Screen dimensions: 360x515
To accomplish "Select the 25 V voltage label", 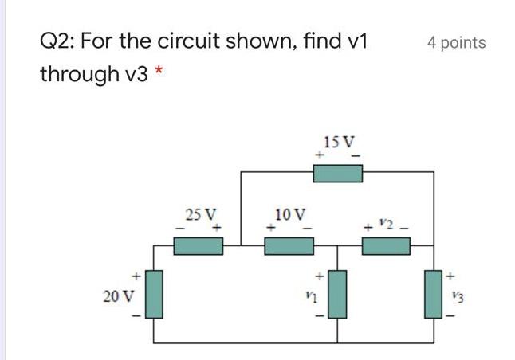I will pos(199,214).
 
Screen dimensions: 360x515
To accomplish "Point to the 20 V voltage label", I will pos(119,296).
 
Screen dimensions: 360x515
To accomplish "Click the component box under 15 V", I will pos(338,172).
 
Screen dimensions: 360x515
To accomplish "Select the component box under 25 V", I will pos(198,246).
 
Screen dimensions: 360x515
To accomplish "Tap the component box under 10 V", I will pos(289,246).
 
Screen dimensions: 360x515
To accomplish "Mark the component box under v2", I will pos(387,246).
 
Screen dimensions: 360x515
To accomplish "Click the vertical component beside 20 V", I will pos(153,294).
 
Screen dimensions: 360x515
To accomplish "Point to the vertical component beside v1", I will pos(338,294).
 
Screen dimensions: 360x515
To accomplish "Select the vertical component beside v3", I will pos(434,294).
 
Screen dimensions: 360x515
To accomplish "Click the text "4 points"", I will pos(456,43).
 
